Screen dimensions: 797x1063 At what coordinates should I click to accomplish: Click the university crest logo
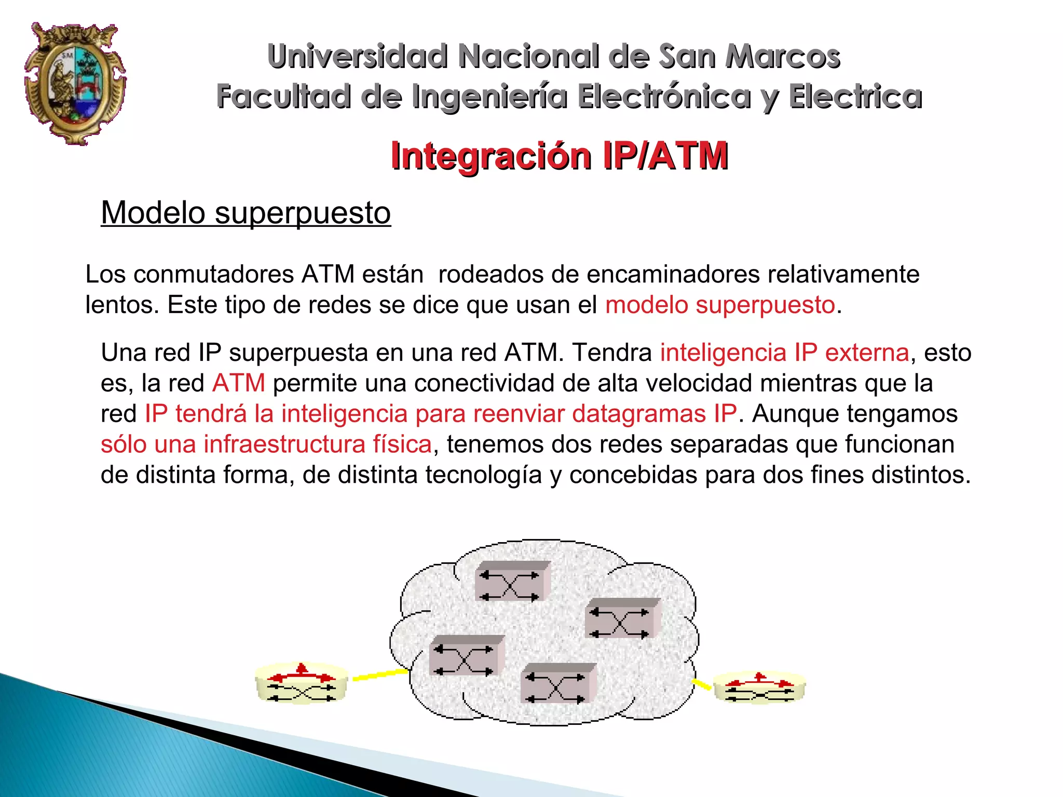click(75, 83)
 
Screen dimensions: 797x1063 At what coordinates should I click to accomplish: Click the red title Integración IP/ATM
click(559, 156)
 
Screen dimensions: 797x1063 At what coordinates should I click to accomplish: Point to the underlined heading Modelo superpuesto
click(246, 213)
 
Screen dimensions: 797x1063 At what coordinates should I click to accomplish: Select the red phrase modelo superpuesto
click(720, 305)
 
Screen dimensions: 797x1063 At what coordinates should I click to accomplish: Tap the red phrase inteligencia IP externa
click(784, 353)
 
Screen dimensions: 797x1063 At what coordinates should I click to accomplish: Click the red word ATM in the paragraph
click(239, 384)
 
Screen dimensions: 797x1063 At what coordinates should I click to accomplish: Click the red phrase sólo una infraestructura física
click(266, 444)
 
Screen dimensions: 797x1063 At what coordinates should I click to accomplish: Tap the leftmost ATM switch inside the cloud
click(466, 656)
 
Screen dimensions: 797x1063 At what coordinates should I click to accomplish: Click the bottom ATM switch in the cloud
click(557, 683)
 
